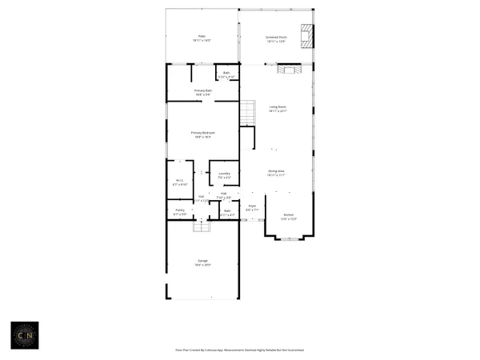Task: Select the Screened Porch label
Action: pyautogui.click(x=276, y=38)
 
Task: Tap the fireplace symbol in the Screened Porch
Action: pyautogui.click(x=306, y=37)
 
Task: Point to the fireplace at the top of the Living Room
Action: pyautogui.click(x=286, y=70)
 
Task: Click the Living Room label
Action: pyautogui.click(x=278, y=108)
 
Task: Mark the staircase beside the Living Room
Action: pyautogui.click(x=247, y=113)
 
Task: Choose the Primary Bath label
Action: pyautogui.click(x=202, y=93)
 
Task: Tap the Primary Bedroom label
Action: pyautogui.click(x=203, y=134)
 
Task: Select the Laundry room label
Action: pyautogui.click(x=224, y=175)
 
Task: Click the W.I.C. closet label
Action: pyautogui.click(x=180, y=182)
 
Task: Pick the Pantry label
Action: pyautogui.click(x=180, y=212)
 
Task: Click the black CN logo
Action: pyautogui.click(x=23, y=334)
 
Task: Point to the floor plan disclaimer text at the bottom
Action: pyautogui.click(x=239, y=350)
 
